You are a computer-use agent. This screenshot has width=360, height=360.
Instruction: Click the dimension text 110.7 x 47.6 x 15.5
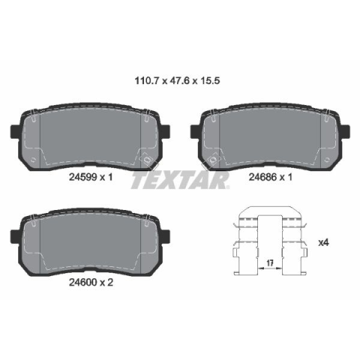(x=177, y=81)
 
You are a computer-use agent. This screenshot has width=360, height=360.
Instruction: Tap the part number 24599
(x=82, y=177)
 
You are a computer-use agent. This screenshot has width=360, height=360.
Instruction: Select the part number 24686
(x=262, y=177)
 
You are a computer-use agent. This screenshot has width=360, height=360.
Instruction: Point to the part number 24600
(x=82, y=282)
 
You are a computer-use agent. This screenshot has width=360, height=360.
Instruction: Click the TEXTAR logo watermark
(x=180, y=180)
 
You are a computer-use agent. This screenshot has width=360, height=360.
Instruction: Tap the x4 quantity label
(x=323, y=242)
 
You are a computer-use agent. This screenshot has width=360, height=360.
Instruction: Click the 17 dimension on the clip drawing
(x=269, y=262)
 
